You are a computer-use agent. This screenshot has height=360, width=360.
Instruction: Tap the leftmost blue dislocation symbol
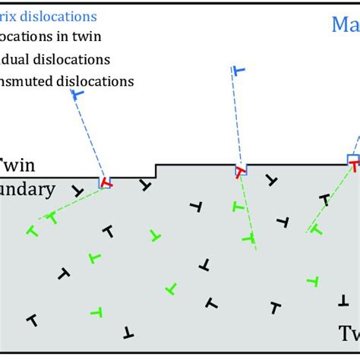(77, 94)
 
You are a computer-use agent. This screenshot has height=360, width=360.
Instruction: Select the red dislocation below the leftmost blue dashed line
(106, 183)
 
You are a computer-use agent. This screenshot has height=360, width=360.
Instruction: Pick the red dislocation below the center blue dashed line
(240, 172)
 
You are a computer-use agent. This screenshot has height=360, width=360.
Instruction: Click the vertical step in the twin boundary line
(156, 171)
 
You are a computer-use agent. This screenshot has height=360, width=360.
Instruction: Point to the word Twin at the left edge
(17, 165)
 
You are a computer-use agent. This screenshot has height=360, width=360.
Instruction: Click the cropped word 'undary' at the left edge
(27, 190)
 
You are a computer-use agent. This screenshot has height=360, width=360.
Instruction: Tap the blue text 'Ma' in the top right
(345, 24)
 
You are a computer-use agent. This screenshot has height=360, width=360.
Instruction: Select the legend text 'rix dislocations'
(49, 15)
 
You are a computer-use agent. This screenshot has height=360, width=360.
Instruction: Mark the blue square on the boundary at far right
(353, 159)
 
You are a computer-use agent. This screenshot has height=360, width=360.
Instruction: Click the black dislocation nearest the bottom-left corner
(32, 321)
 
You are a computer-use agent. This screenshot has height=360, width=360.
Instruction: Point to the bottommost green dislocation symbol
(96, 311)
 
